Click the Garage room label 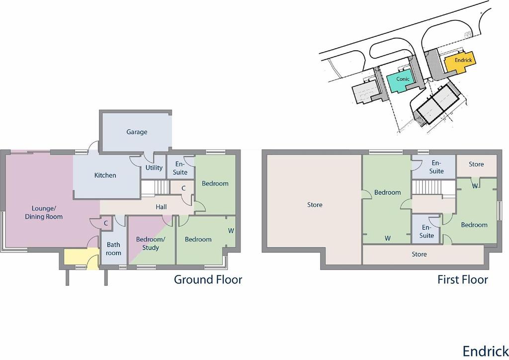click(x=137, y=132)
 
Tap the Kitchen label click(x=105, y=176)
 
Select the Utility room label click(x=154, y=168)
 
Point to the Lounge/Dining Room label click(x=44, y=212)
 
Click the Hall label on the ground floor click(x=162, y=207)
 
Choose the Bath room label click(x=113, y=249)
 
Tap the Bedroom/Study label click(x=151, y=244)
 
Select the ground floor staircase click(x=155, y=188)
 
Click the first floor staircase click(x=433, y=188)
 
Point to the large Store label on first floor click(x=315, y=205)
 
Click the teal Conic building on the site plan click(x=401, y=81)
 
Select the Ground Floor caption click(x=208, y=279)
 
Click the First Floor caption click(x=463, y=279)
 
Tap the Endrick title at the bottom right click(x=486, y=351)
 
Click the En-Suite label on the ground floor click(x=180, y=168)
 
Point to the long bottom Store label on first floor click(x=419, y=254)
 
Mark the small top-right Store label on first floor click(x=476, y=164)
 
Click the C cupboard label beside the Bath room click(x=106, y=223)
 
